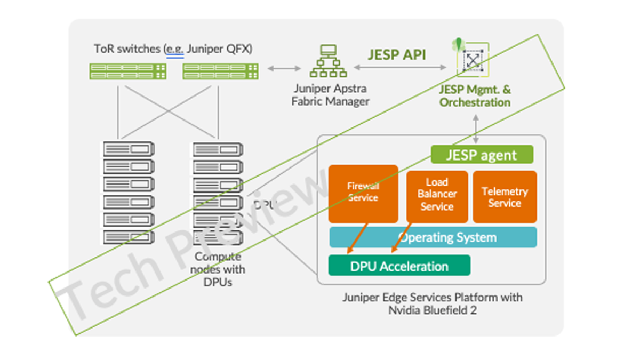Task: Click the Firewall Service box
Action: (363, 193)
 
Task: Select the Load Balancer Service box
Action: (437, 196)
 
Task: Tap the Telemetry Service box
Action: (505, 197)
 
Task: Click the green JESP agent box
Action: (482, 155)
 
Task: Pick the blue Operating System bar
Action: (433, 237)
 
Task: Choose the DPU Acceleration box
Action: (399, 266)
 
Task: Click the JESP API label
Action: (397, 55)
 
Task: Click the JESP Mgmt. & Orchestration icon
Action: (472, 59)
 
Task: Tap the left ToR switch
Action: (127, 71)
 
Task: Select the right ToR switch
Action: (220, 71)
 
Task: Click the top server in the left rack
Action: (129, 149)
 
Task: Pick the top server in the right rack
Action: (218, 149)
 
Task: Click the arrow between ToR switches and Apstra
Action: (284, 68)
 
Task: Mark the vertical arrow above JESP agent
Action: (475, 128)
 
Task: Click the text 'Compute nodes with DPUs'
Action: (218, 269)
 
